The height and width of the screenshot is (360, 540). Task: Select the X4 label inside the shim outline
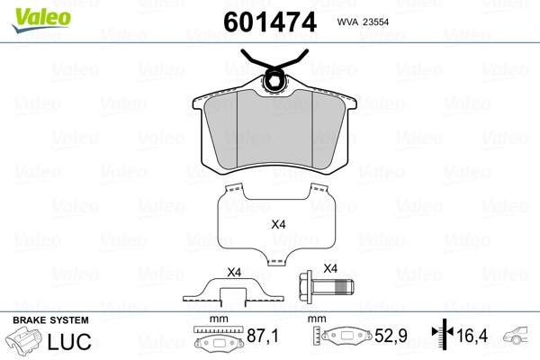point(278,225)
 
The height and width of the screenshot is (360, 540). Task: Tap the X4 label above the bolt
point(329,268)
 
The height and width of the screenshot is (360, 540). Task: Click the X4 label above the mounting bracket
point(235,272)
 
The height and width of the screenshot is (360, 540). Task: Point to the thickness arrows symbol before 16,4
point(441,336)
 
